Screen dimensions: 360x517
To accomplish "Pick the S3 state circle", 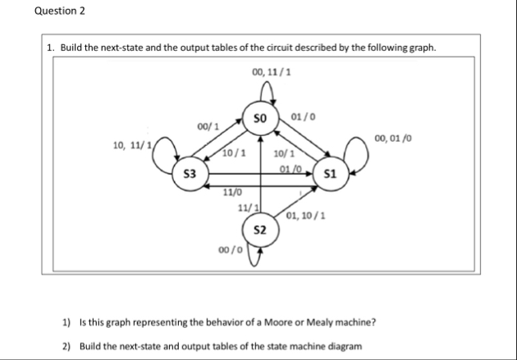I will (190, 175).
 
